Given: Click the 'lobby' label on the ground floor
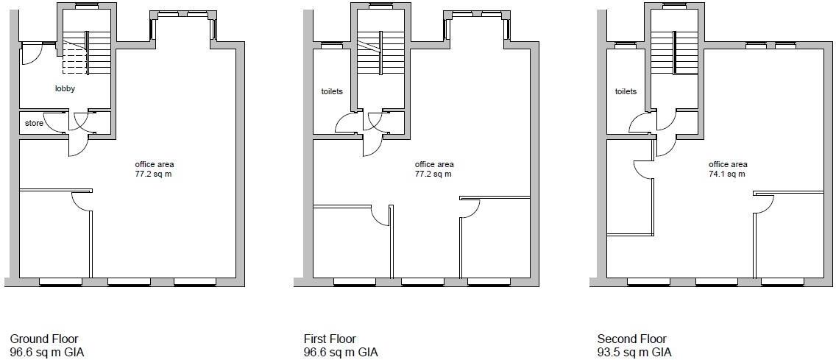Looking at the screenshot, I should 65,89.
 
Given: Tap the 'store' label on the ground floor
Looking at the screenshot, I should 34,123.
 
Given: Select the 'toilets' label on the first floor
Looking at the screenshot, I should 332,92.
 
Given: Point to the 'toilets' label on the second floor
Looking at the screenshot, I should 626,92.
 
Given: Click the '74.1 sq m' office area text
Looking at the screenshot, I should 728,174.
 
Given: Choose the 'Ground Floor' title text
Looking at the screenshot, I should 44,339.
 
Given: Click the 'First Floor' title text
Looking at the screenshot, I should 330,339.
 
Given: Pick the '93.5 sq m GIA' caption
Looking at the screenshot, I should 634,353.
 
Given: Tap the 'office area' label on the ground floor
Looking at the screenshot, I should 155,164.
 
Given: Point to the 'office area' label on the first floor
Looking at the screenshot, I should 434,164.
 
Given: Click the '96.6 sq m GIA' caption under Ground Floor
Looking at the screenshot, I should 47,353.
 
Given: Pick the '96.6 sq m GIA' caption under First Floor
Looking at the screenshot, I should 341,353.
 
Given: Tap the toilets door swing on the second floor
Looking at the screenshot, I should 640,123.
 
